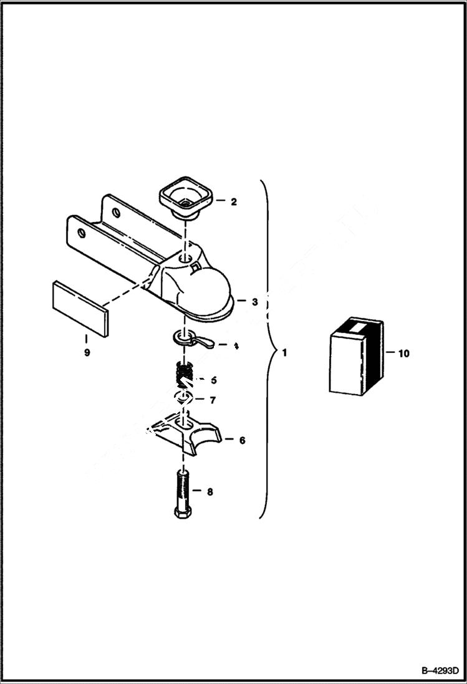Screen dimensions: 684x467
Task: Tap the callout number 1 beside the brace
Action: pyautogui.click(x=284, y=354)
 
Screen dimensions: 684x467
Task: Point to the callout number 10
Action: pyautogui.click(x=403, y=354)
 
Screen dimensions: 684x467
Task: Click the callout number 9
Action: pyautogui.click(x=87, y=353)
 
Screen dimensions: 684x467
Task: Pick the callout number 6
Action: pyautogui.click(x=242, y=440)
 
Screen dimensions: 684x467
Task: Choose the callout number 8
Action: pyautogui.click(x=209, y=491)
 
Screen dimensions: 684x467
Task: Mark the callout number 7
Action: pyautogui.click(x=213, y=400)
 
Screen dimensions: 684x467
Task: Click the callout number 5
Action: pyautogui.click(x=213, y=379)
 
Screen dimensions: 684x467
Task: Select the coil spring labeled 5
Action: pyautogui.click(x=183, y=377)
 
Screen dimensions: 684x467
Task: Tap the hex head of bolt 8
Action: pyautogui.click(x=181, y=513)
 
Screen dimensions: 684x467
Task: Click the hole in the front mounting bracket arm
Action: pyautogui.click(x=80, y=233)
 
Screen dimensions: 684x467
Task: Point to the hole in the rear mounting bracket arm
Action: pyautogui.click(x=117, y=212)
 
